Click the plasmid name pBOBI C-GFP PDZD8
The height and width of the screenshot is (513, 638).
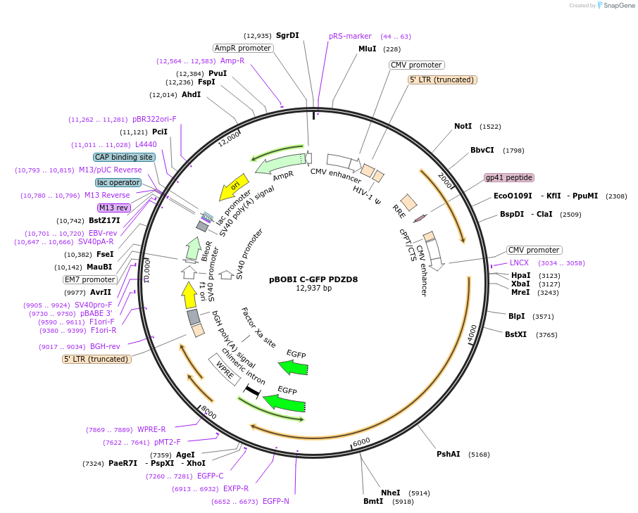pos(313,279)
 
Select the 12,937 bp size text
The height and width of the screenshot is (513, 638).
pos(313,288)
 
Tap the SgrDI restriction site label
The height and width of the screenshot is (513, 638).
pos(287,35)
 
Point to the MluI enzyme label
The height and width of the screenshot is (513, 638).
pos(368,49)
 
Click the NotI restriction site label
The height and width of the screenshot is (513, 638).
pos(463,126)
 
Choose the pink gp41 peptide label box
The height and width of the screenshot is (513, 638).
pos(509,177)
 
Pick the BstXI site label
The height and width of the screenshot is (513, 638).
pos(515,334)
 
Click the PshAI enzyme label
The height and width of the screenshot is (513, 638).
pos(448,454)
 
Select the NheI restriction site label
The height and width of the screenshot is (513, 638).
pos(391,493)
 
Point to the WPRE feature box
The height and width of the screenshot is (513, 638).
pos(220,369)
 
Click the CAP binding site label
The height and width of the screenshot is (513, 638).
pos(124,157)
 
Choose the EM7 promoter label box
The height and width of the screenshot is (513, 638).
pos(89,279)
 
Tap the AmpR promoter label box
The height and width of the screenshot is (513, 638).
pos(243,48)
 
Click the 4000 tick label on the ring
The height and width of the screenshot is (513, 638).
pos(472,333)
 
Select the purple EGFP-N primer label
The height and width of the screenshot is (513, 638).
pos(276,501)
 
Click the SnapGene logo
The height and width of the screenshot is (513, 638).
pos(616,6)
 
